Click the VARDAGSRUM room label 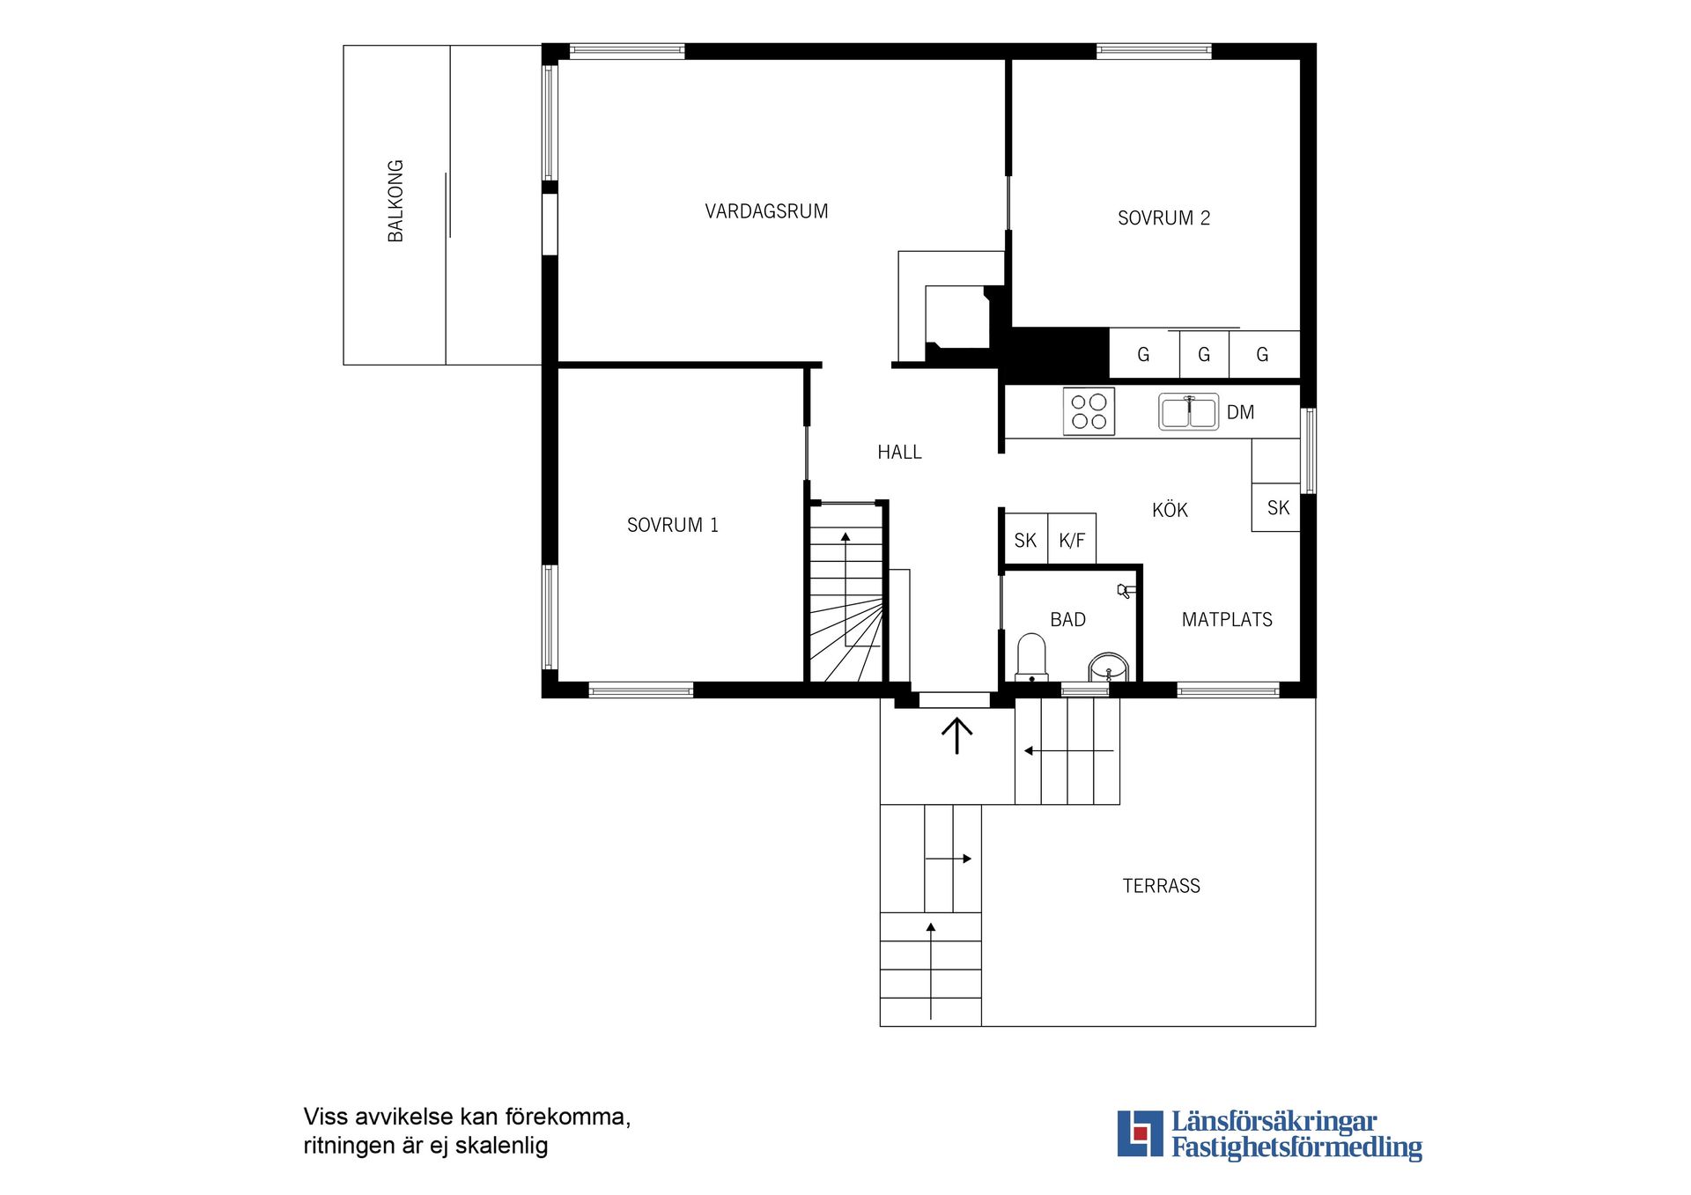766,211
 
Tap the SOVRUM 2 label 1163,218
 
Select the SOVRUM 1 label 672,525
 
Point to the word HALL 899,453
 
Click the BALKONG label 395,201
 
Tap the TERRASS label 1161,886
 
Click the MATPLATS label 1226,620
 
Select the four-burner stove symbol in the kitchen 1089,411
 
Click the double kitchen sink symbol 1188,411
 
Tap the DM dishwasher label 1240,412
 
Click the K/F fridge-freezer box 1072,540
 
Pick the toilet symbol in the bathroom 1031,657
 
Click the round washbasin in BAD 1108,668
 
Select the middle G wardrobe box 1204,354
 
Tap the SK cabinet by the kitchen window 1277,507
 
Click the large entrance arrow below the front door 956,735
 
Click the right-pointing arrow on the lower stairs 949,859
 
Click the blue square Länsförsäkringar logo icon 1140,1133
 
